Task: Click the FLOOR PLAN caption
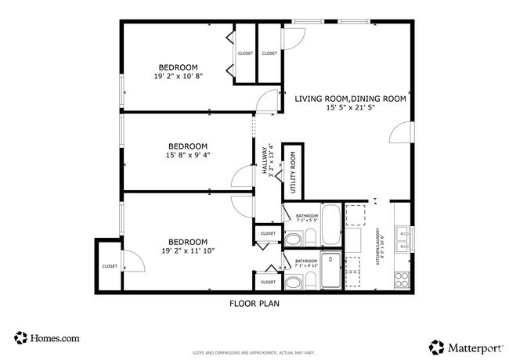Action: (x=254, y=304)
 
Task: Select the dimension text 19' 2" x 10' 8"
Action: (x=178, y=77)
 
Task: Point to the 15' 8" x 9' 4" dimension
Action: (x=188, y=155)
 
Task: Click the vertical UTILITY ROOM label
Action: (x=293, y=173)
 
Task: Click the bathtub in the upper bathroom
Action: (x=331, y=225)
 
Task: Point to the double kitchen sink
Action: (x=403, y=238)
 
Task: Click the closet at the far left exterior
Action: (x=110, y=266)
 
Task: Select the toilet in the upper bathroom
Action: (x=294, y=239)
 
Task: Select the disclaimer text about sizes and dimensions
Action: (x=254, y=352)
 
